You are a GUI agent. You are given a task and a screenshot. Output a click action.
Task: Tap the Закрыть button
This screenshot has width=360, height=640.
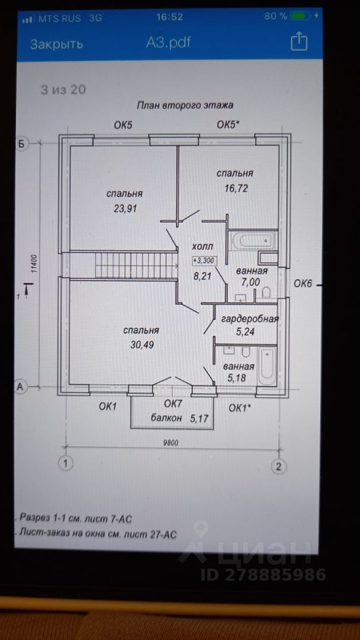[x=57, y=44]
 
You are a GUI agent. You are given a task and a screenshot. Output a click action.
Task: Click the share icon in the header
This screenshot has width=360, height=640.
[x=299, y=41]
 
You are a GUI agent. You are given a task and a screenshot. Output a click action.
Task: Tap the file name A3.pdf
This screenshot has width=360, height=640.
[x=168, y=43]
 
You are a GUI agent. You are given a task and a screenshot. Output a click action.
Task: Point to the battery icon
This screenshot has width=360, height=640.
[x=301, y=17]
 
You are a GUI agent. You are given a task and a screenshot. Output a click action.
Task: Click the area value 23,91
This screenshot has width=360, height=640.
[x=125, y=209]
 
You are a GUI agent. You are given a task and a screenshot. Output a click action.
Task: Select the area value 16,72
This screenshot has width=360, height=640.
[x=235, y=188]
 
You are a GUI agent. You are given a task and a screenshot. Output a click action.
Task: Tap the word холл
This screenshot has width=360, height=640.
[x=203, y=247]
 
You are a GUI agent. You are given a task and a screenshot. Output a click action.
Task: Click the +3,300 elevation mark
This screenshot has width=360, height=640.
[x=205, y=261]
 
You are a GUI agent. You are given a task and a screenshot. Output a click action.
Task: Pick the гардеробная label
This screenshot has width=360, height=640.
[x=250, y=319]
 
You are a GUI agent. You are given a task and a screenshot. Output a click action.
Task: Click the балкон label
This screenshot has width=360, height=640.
[x=166, y=418]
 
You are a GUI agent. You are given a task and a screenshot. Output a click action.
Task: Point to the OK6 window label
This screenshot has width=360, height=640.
[x=303, y=284]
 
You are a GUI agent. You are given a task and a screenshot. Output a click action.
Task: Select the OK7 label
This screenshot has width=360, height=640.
[x=173, y=404]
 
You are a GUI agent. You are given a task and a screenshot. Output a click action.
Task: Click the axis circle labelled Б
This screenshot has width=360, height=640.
[x=22, y=144]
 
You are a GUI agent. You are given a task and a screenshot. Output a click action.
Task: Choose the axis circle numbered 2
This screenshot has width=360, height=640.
[x=279, y=466]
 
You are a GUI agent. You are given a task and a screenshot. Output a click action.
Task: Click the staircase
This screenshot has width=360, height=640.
[x=136, y=265]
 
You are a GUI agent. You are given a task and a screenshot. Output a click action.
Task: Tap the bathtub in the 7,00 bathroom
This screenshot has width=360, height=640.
[x=253, y=241]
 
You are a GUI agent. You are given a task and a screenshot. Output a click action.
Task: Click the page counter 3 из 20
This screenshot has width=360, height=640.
[x=63, y=90]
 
